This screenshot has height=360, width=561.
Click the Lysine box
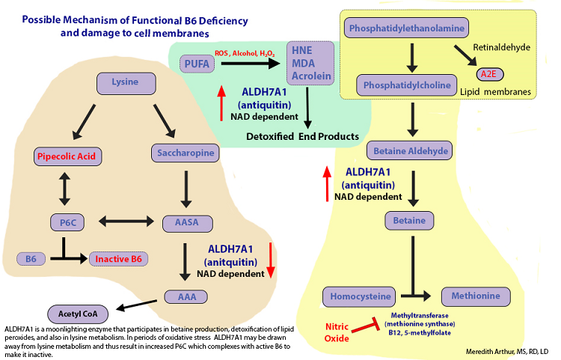click(x=125, y=82)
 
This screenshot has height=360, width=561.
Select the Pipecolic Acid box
click(x=68, y=156)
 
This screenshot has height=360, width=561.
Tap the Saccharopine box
click(x=185, y=153)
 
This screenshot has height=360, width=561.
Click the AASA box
click(x=184, y=222)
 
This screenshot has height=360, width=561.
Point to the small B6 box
click(x=31, y=259)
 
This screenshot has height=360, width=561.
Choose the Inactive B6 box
click(x=118, y=259)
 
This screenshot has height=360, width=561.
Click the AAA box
click(x=184, y=296)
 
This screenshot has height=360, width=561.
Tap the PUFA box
click(x=197, y=66)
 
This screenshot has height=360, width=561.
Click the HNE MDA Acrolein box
click(x=309, y=66)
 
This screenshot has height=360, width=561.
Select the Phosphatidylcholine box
click(x=407, y=85)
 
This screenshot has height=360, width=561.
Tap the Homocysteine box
click(x=358, y=296)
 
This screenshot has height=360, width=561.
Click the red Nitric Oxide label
click(x=337, y=332)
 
